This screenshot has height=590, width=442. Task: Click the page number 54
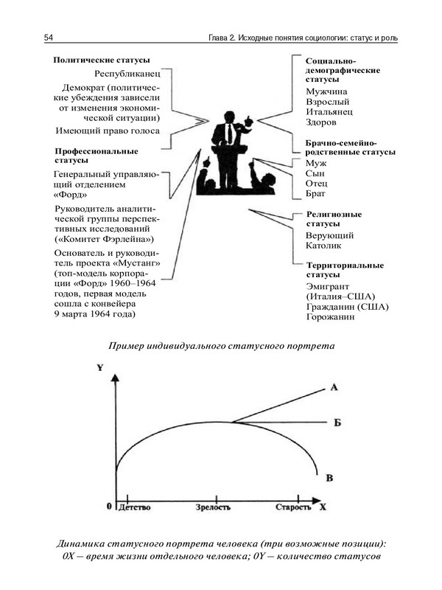pyautogui.click(x=48, y=38)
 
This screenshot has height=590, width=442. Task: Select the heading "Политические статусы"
pyautogui.click(x=101, y=60)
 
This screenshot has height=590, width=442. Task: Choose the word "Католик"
pyautogui.click(x=326, y=246)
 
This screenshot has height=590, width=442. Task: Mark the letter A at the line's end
pyautogui.click(x=334, y=387)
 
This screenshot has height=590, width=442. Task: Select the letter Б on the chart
pyautogui.click(x=336, y=423)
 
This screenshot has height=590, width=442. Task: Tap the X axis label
pyautogui.click(x=323, y=507)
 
